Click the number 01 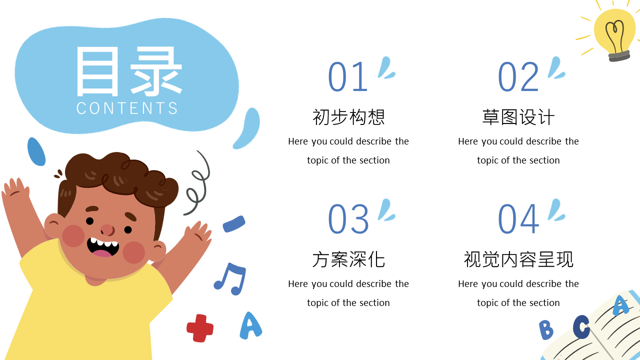[x=347, y=77]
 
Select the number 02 [x=518, y=77]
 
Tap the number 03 [x=348, y=219]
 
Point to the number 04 [x=518, y=219]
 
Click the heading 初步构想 [x=348, y=117]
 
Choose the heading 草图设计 [x=518, y=117]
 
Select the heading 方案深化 [x=348, y=259]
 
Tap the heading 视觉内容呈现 [x=518, y=259]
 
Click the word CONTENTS [x=127, y=108]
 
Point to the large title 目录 [x=129, y=71]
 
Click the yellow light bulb [x=614, y=34]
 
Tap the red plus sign [x=200, y=328]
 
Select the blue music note [x=230, y=279]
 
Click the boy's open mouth [x=103, y=247]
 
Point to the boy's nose [x=107, y=230]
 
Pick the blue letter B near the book [x=546, y=329]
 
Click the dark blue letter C [x=581, y=326]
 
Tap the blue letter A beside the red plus [x=250, y=325]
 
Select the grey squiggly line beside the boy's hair [x=198, y=183]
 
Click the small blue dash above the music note [x=234, y=223]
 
